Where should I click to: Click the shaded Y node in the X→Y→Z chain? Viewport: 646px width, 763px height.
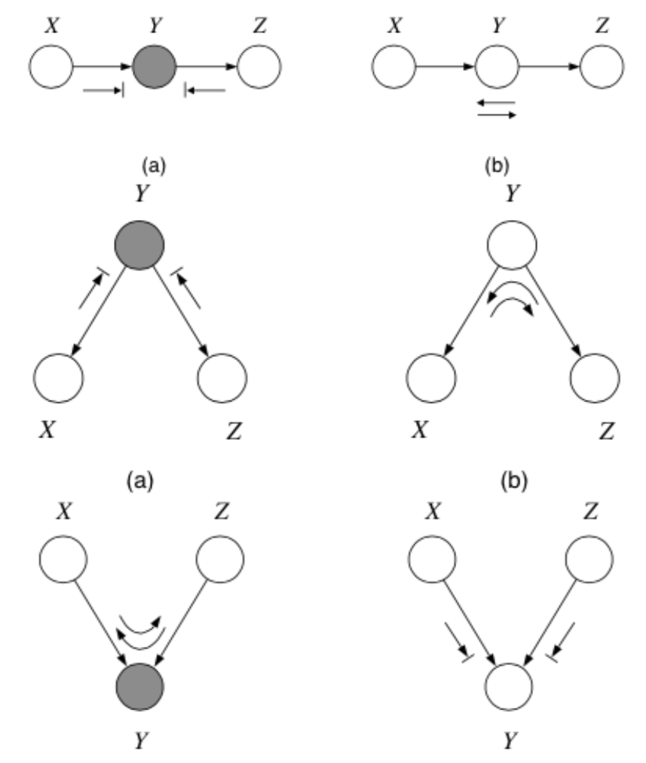click(x=155, y=66)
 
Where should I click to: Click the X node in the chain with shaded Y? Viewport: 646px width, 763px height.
click(x=51, y=66)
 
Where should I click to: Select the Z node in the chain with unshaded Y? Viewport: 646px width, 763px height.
click(x=602, y=66)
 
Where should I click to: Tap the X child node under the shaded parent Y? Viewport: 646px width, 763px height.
click(x=57, y=377)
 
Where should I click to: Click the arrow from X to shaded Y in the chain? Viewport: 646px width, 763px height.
click(x=102, y=66)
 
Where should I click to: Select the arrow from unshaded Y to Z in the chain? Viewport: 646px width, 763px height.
click(x=550, y=66)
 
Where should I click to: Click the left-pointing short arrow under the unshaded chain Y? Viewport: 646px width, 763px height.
click(x=497, y=102)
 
